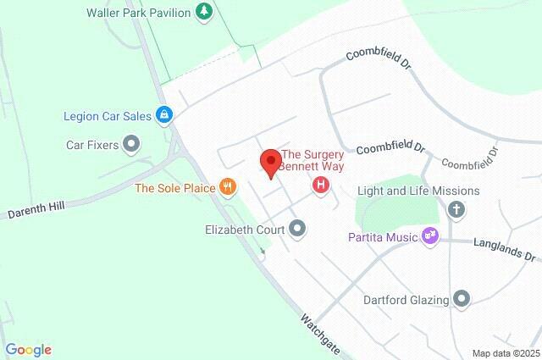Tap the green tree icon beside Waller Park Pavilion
click(x=203, y=11)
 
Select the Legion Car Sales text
click(x=107, y=115)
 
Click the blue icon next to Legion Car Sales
click(x=165, y=115)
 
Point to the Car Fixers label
click(x=92, y=145)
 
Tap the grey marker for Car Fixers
click(x=131, y=145)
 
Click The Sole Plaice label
click(x=175, y=187)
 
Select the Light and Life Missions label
click(x=418, y=191)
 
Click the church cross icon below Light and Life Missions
click(x=456, y=209)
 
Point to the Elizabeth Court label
click(x=246, y=229)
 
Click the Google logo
click(x=28, y=349)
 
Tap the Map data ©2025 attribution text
click(x=506, y=353)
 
